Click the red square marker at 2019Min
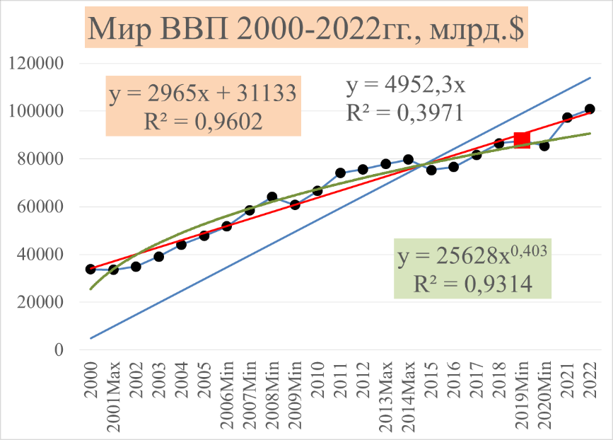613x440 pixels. (x=522, y=139)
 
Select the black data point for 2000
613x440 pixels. (x=91, y=269)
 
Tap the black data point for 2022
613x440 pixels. (x=590, y=109)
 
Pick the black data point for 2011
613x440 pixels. (x=340, y=173)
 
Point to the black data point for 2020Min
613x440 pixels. (x=544, y=146)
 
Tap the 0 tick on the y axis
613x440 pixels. (x=59, y=350)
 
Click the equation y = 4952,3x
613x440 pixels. (x=405, y=86)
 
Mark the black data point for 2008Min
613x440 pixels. (x=272, y=197)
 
